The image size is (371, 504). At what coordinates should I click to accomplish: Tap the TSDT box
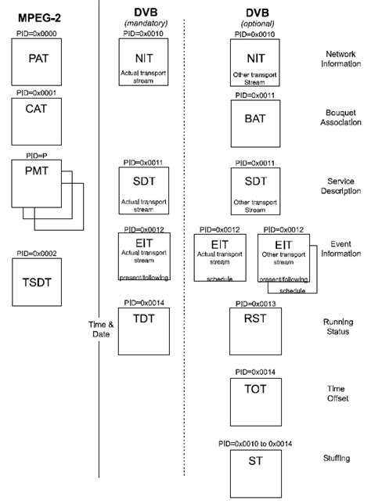click(37, 284)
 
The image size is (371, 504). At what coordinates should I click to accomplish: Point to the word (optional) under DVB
click(254, 24)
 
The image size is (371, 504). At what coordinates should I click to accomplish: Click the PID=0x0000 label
click(37, 34)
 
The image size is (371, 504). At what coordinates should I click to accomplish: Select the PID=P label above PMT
click(37, 157)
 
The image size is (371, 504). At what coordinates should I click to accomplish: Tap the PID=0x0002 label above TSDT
click(37, 254)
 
